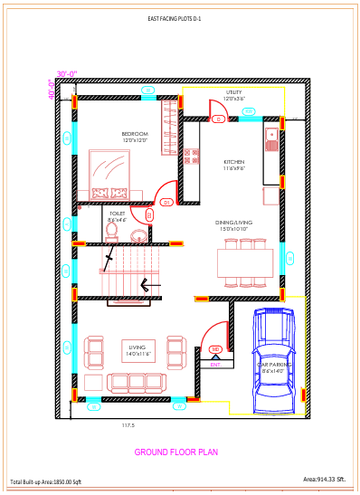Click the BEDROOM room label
(135, 137)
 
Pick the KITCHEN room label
(234, 165)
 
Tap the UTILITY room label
(234, 95)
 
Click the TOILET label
(118, 216)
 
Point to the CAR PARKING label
(273, 367)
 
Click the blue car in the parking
(273, 357)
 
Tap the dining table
(245, 263)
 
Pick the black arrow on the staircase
(147, 285)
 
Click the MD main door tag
(215, 349)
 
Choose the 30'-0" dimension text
(68, 74)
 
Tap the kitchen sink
(271, 138)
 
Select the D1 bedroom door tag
(166, 203)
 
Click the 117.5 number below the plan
(128, 425)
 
